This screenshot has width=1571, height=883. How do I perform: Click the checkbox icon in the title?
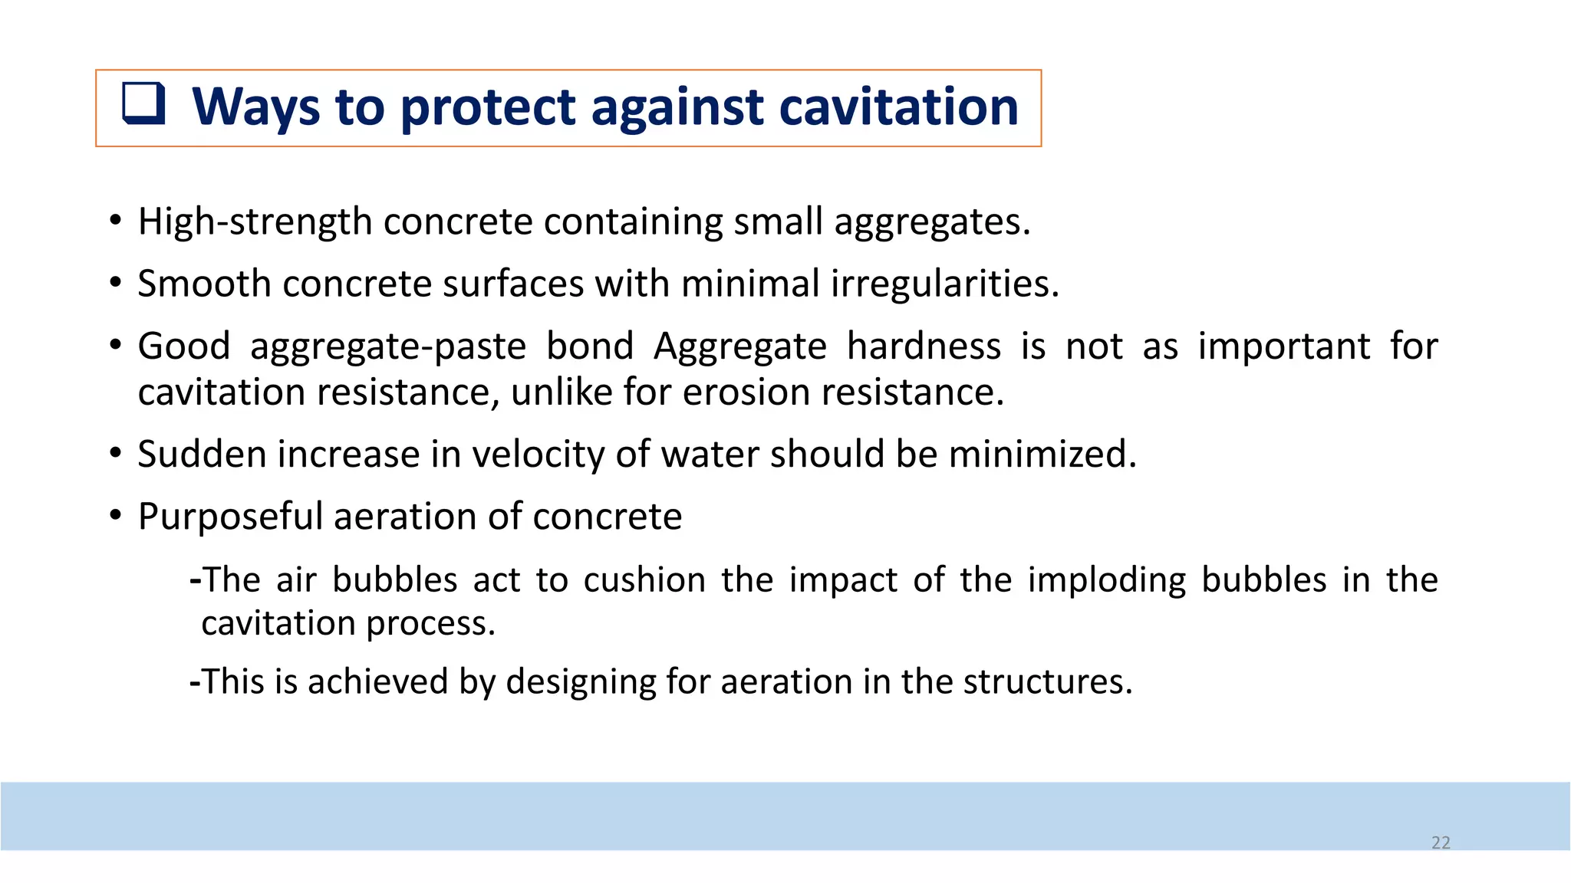[143, 103]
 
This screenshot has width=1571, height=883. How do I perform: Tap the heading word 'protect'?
[488, 107]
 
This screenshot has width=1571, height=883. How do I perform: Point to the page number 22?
[1441, 842]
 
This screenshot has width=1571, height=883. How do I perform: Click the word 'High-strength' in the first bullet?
[255, 222]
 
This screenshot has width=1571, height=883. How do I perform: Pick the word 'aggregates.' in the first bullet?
[932, 222]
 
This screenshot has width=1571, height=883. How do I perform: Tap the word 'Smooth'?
[204, 284]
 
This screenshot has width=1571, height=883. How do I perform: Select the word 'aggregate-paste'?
[388, 346]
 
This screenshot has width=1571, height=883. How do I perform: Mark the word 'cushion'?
[644, 579]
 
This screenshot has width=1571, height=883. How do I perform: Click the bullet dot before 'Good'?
[115, 346]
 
